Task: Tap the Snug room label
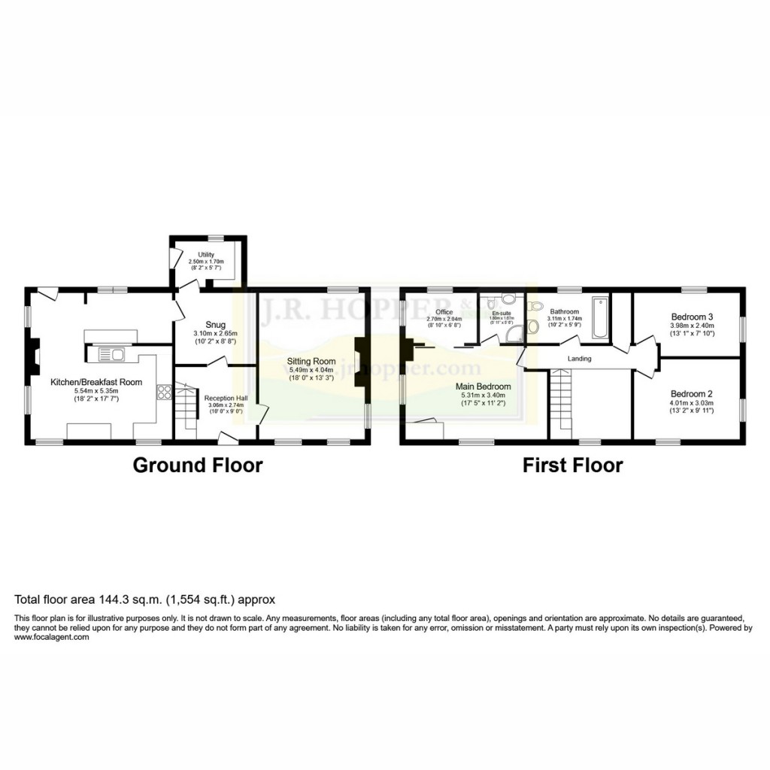pyautogui.click(x=205, y=325)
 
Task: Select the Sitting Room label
pyautogui.click(x=311, y=362)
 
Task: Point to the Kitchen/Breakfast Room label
pyautogui.click(x=96, y=382)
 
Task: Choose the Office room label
pyautogui.click(x=444, y=312)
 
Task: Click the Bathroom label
pyautogui.click(x=564, y=311)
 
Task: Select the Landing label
pyautogui.click(x=580, y=359)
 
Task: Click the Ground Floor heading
pyautogui.click(x=198, y=465)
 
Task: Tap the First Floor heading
pyautogui.click(x=573, y=465)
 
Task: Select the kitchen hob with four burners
pyautogui.click(x=162, y=391)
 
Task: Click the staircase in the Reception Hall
pyautogui.click(x=186, y=410)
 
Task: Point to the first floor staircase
pyautogui.click(x=561, y=402)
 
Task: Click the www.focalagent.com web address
pyautogui.click(x=51, y=638)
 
